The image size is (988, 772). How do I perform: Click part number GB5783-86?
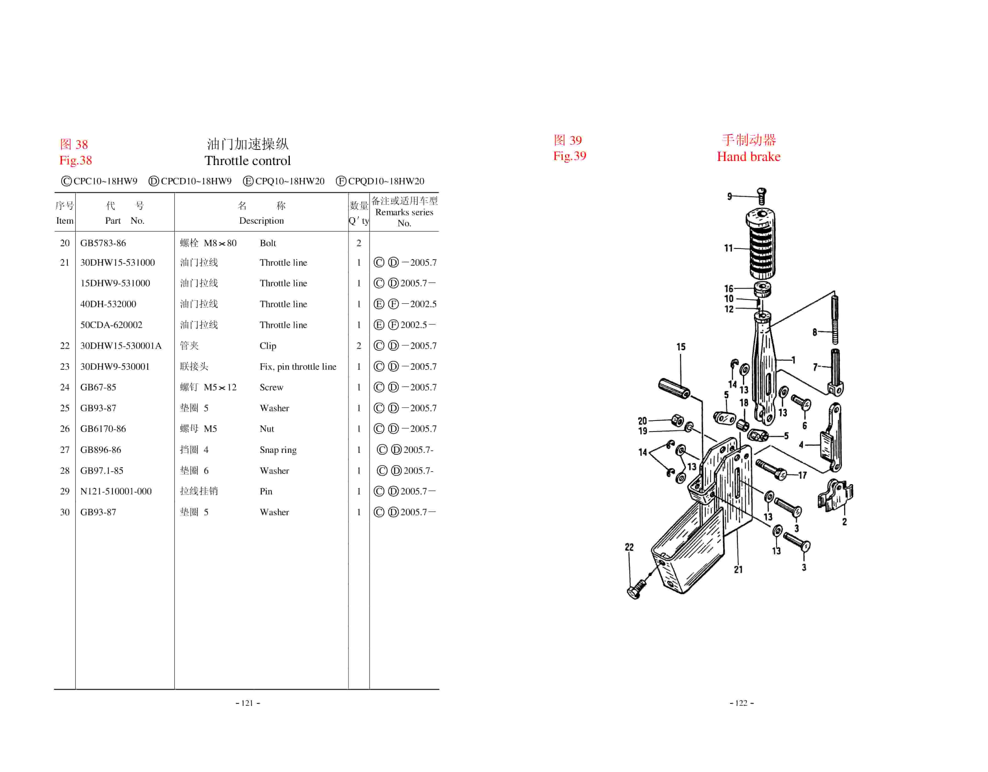pos(103,243)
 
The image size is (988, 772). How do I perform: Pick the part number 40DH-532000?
pos(108,304)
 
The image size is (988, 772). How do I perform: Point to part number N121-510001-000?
pos(116,491)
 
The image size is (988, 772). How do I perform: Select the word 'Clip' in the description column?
pos(268,345)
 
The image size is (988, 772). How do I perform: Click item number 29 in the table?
pos(65,491)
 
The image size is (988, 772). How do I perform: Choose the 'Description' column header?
pos(261,221)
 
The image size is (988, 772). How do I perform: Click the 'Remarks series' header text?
pos(404,212)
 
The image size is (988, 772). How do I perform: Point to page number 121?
pos(247,703)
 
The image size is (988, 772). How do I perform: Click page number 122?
pos(742,703)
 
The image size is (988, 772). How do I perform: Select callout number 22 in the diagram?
pos(629,547)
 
